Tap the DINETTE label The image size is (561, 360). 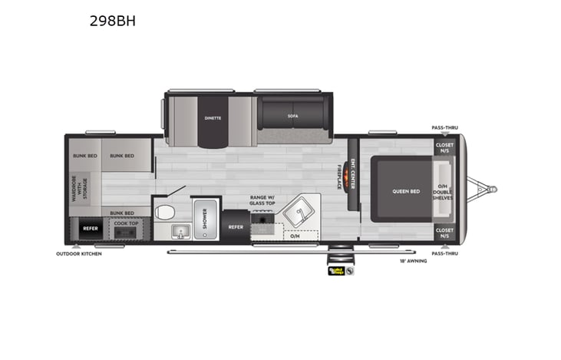tap(213, 118)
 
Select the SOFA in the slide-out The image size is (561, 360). tap(293, 116)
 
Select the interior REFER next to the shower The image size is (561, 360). tap(236, 227)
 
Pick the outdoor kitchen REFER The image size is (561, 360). tap(90, 228)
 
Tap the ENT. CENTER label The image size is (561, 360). tap(353, 172)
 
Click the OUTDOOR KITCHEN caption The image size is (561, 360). tap(78, 253)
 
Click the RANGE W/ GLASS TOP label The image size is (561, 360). tap(262, 200)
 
